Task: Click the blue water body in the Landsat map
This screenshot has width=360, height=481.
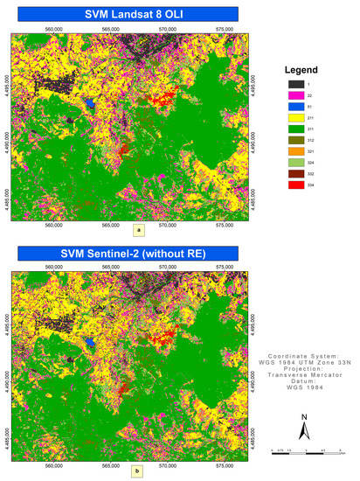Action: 90,103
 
